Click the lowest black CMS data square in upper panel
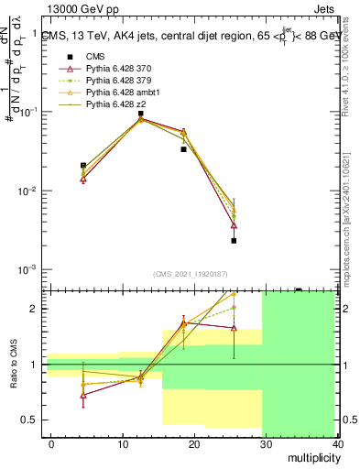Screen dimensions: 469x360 tap(235, 241)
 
